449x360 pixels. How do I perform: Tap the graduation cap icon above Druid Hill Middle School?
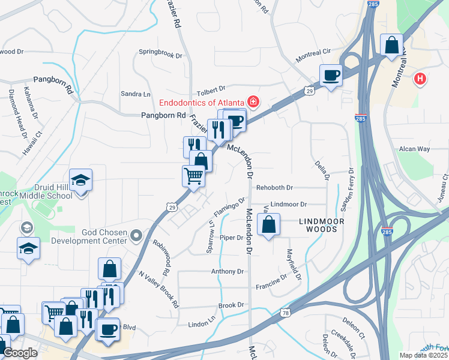pos(80,179)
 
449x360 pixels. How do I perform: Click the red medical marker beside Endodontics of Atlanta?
pos(253,101)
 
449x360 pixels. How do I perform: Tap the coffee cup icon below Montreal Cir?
pos(331,76)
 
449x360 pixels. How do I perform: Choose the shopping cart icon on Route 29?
pos(193,176)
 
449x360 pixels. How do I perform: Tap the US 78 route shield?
pos(285,313)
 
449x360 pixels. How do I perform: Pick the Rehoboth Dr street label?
pos(274,188)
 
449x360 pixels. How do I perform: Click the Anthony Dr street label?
pos(228,271)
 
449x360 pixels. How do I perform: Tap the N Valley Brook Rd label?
pos(159,289)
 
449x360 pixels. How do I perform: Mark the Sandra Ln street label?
pos(136,94)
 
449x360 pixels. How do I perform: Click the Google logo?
pos(20,353)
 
